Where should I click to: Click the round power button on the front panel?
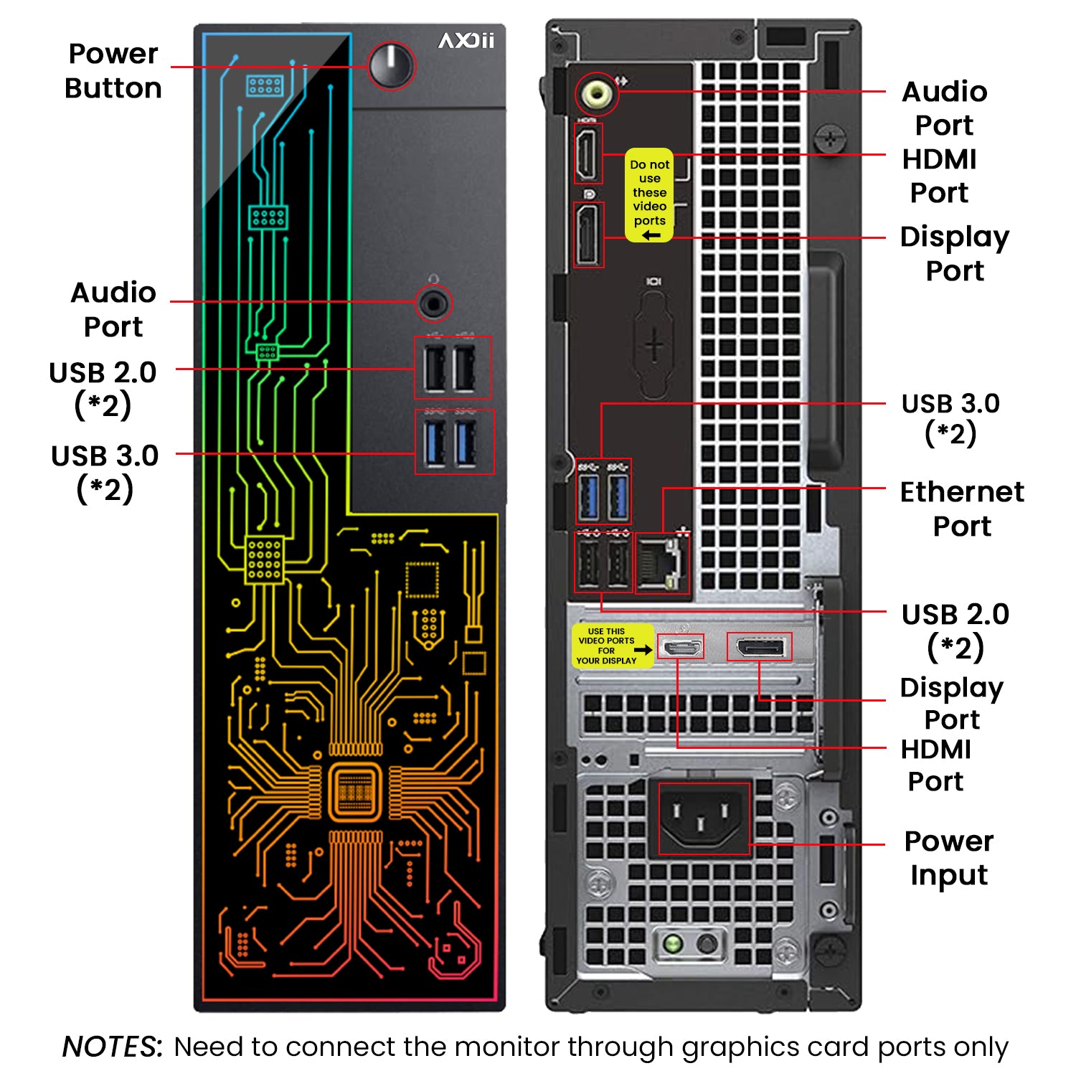pos(391,65)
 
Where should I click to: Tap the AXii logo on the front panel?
pos(466,41)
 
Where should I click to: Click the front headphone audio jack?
pos(433,303)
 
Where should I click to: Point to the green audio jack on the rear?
pos(596,93)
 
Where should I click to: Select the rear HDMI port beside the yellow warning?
pos(588,154)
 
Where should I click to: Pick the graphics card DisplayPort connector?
pos(760,648)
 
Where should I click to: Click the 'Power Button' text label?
pos(113,71)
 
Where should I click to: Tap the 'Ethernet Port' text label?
pos(962,509)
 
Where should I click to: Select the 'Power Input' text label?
pos(949,858)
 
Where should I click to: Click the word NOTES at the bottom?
pos(112,1047)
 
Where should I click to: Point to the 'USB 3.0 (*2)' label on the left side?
pos(105,472)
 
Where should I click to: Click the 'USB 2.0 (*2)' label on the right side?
pos(955,631)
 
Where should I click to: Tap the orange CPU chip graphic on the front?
pos(354,792)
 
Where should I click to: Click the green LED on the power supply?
pos(672,943)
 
